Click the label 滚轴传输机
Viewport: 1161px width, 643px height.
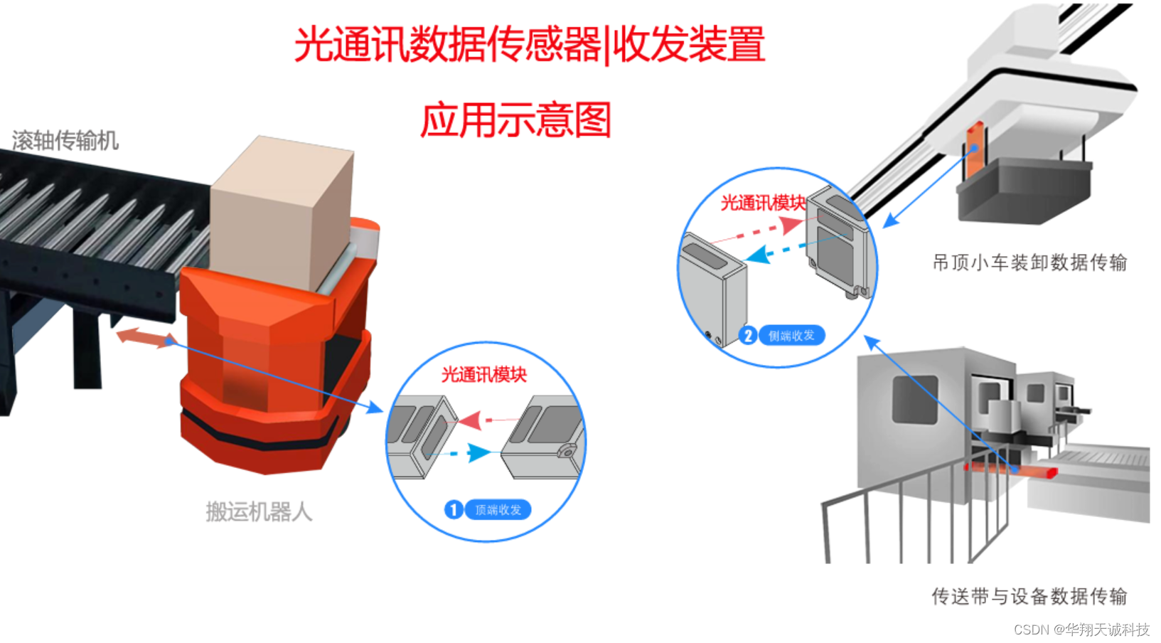click(x=65, y=140)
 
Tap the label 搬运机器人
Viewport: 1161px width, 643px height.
click(x=259, y=511)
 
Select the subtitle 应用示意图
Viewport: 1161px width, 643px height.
click(x=516, y=119)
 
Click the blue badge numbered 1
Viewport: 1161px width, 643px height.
click(x=454, y=509)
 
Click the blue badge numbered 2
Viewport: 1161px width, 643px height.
click(x=747, y=335)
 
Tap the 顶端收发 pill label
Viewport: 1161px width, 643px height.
click(x=498, y=510)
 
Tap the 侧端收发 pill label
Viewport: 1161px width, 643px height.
click(x=791, y=335)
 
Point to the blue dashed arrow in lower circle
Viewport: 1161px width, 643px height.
click(x=469, y=452)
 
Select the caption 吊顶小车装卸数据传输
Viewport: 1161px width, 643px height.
click(x=1029, y=262)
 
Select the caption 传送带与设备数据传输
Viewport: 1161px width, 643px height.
click(x=1029, y=596)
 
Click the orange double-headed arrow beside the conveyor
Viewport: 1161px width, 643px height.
click(x=145, y=337)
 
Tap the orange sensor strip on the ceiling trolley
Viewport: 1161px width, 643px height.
click(x=974, y=149)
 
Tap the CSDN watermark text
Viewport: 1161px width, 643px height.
click(x=1081, y=629)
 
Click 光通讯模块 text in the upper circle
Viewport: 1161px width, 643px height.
click(x=763, y=203)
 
